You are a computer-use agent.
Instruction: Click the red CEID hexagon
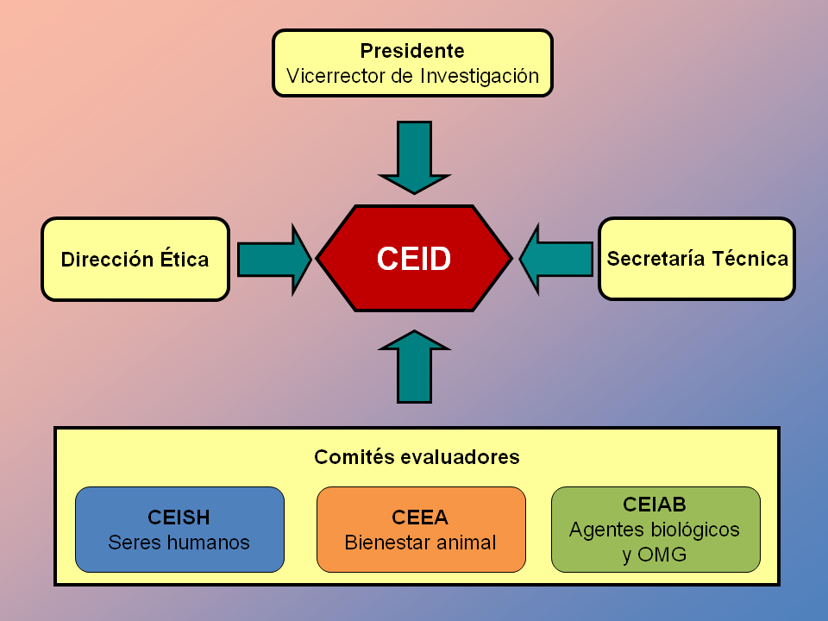[414, 259]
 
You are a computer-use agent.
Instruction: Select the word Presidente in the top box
[412, 51]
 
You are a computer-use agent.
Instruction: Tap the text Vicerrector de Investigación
[412, 76]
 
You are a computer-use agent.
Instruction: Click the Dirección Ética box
[135, 259]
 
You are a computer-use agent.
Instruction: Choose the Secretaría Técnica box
[697, 259]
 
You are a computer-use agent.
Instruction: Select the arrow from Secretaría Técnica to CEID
[556, 259]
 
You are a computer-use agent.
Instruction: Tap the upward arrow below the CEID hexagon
[414, 366]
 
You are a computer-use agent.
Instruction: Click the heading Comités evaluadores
[417, 457]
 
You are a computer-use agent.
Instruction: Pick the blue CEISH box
[179, 529]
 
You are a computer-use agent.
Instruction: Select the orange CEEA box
[421, 529]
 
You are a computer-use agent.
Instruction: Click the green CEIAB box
[655, 529]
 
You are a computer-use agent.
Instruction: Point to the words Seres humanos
[179, 543]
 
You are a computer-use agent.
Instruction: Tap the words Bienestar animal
[420, 543]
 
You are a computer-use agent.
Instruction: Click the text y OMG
[654, 555]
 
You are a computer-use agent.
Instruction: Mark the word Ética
[182, 260]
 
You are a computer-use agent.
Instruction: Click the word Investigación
[480, 76]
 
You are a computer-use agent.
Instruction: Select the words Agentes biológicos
[654, 530]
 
